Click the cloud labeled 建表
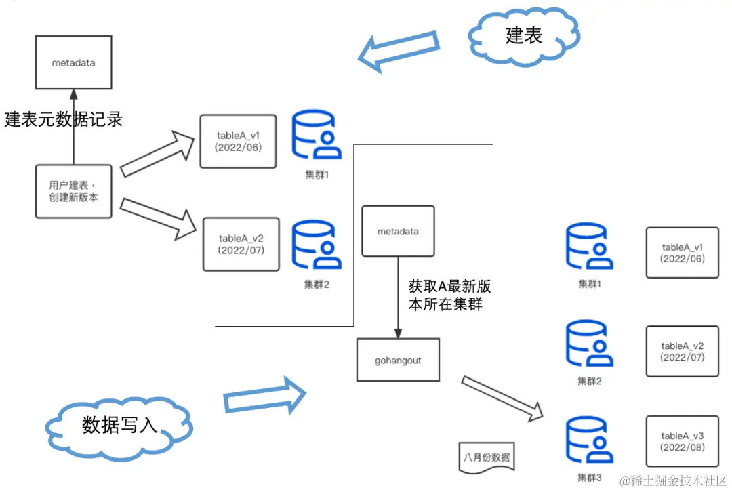click(x=524, y=35)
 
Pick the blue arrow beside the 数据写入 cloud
click(x=265, y=396)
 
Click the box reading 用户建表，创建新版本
click(x=73, y=191)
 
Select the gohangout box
click(x=399, y=361)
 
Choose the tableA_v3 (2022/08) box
click(x=682, y=441)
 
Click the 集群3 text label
click(x=590, y=477)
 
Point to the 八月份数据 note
click(x=487, y=455)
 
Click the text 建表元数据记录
click(x=64, y=119)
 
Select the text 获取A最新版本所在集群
click(x=445, y=295)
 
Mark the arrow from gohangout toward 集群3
click(x=502, y=396)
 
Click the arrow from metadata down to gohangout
click(x=398, y=298)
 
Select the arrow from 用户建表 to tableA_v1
click(x=158, y=154)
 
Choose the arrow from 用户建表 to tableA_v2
click(x=157, y=211)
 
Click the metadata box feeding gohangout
click(x=398, y=232)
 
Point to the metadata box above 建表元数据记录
click(x=73, y=63)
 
